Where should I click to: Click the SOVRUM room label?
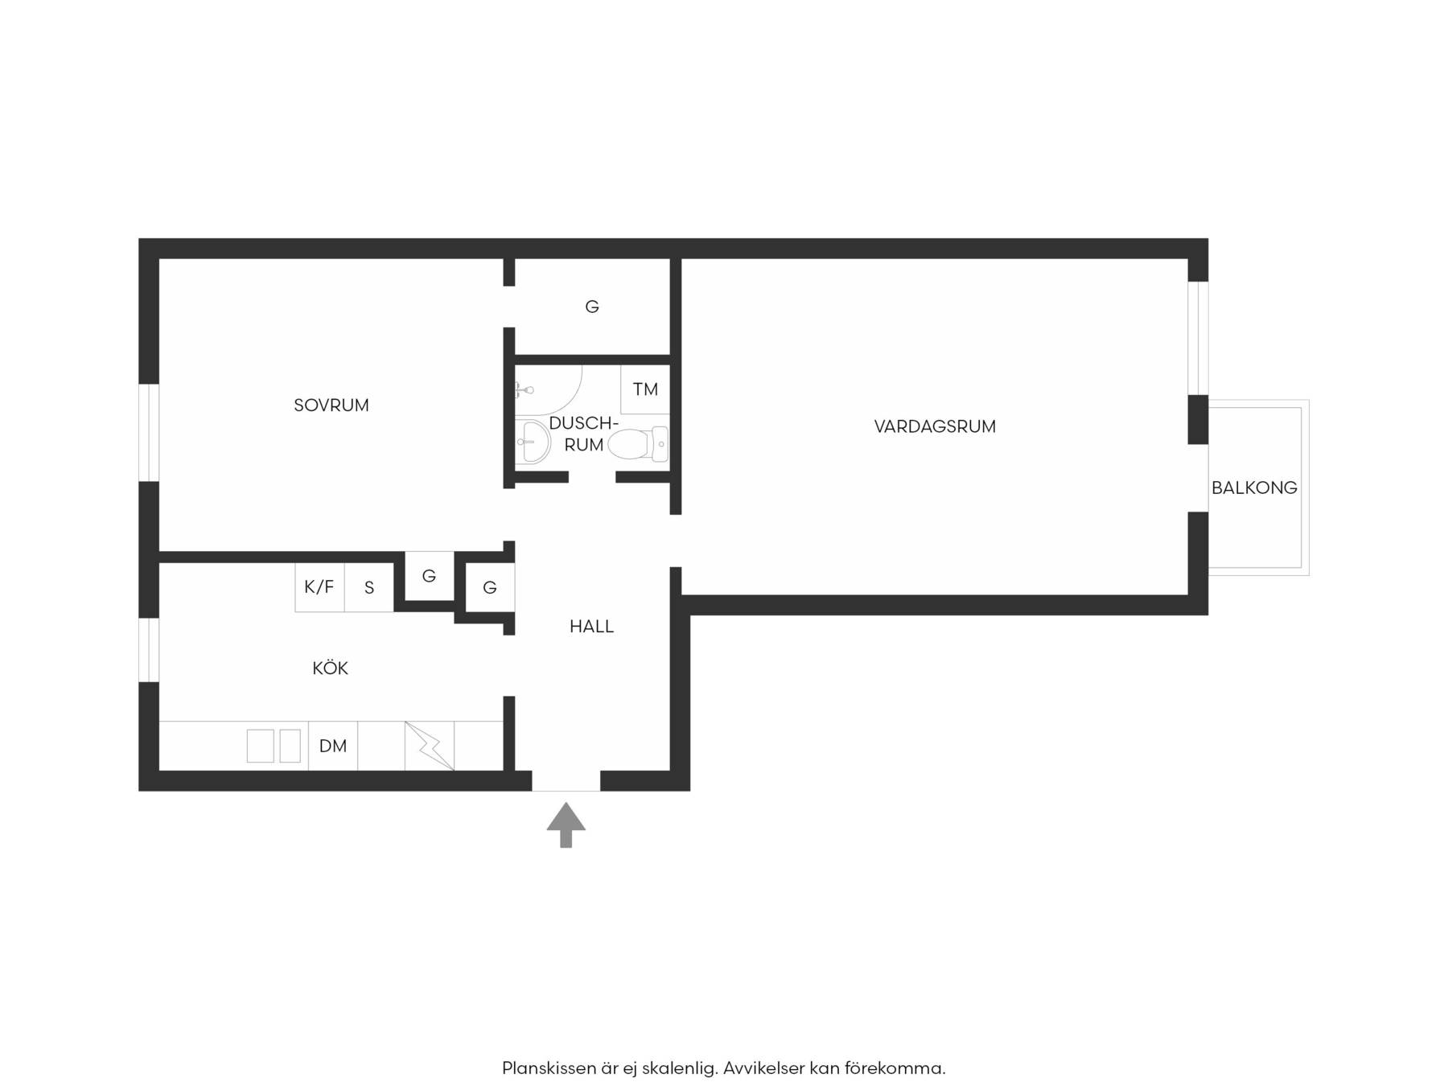tap(331, 405)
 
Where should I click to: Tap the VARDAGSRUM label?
tap(935, 426)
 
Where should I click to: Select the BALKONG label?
tap(1254, 487)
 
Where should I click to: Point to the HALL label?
tap(591, 627)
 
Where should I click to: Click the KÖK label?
tap(330, 668)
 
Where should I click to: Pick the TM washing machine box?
tap(645, 390)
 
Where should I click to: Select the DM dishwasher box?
tap(333, 746)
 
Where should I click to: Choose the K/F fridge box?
tap(319, 587)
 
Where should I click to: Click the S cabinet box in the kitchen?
tap(369, 587)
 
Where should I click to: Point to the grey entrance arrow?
tap(566, 825)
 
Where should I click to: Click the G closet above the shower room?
tap(592, 306)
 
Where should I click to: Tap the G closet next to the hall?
tap(490, 588)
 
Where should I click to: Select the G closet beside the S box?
tap(429, 576)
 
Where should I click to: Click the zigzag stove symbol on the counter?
tap(430, 746)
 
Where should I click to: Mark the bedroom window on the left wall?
tap(149, 433)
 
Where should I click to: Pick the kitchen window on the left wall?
tap(149, 650)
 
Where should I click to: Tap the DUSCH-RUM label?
tap(583, 434)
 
